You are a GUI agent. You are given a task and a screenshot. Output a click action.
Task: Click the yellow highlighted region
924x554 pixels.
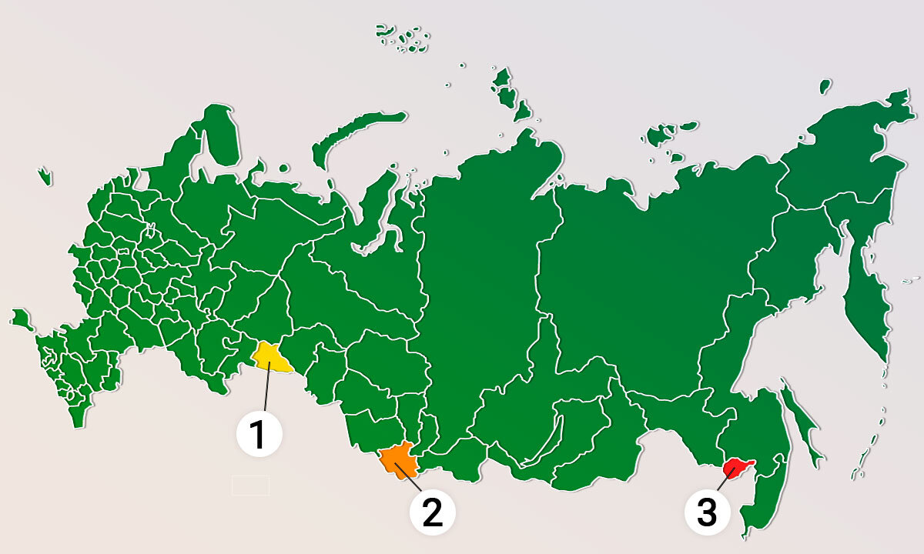pyautogui.click(x=273, y=357)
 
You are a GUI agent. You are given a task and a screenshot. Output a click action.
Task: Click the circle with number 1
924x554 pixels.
pyautogui.click(x=259, y=433)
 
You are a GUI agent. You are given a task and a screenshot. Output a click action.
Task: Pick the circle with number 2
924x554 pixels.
pyautogui.click(x=432, y=512)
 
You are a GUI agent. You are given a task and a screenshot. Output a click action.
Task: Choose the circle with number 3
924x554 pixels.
pyautogui.click(x=707, y=512)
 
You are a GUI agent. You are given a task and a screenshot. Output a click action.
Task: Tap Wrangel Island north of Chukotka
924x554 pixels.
pyautogui.click(x=825, y=85)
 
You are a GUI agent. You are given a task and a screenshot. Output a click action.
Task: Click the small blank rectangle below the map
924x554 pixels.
pyautogui.click(x=250, y=485)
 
